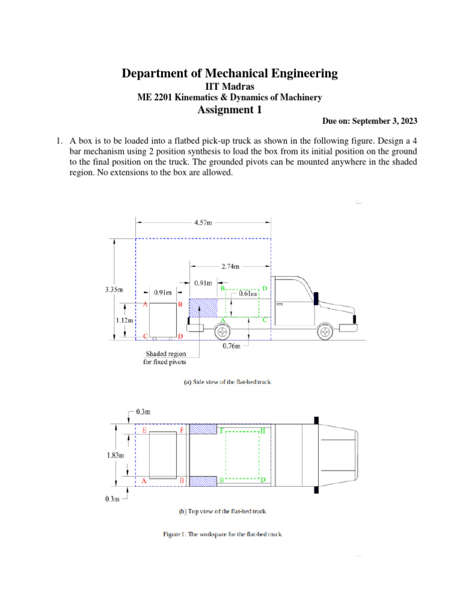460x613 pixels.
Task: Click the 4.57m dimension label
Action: point(202,223)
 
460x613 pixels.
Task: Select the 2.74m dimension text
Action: point(230,266)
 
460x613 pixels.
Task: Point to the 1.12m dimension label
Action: point(124,320)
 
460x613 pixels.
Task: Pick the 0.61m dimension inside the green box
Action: point(248,294)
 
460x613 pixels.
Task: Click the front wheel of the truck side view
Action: point(325,332)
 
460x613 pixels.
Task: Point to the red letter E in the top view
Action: point(144,430)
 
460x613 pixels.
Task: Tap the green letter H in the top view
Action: point(263,430)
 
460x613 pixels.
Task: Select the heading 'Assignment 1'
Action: point(229,110)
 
